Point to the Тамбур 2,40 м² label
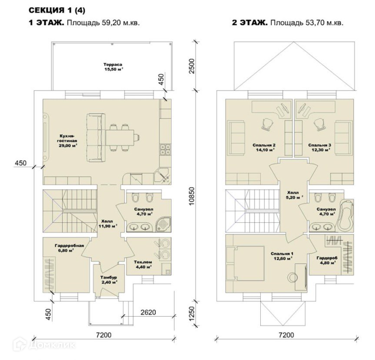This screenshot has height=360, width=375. (x=107, y=279)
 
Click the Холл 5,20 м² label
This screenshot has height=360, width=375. (x=292, y=195)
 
